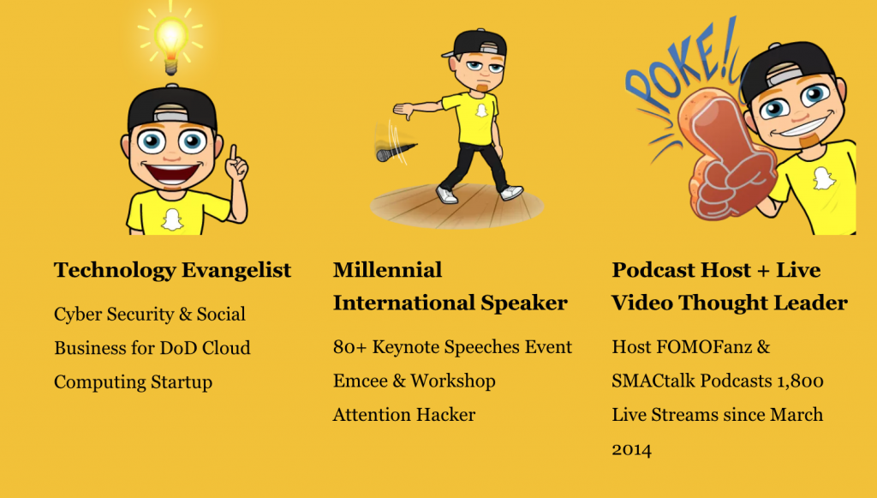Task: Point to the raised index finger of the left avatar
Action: pyautogui.click(x=233, y=155)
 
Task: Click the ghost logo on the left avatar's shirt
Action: pyautogui.click(x=172, y=219)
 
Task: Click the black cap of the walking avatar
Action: pyautogui.click(x=476, y=43)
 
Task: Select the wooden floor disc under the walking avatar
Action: pyautogui.click(x=456, y=206)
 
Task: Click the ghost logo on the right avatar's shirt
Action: pyautogui.click(x=823, y=178)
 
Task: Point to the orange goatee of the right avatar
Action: pyautogui.click(x=808, y=140)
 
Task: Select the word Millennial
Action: pyautogui.click(x=388, y=270)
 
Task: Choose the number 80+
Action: pyautogui.click(x=350, y=347)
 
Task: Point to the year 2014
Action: pyautogui.click(x=631, y=450)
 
